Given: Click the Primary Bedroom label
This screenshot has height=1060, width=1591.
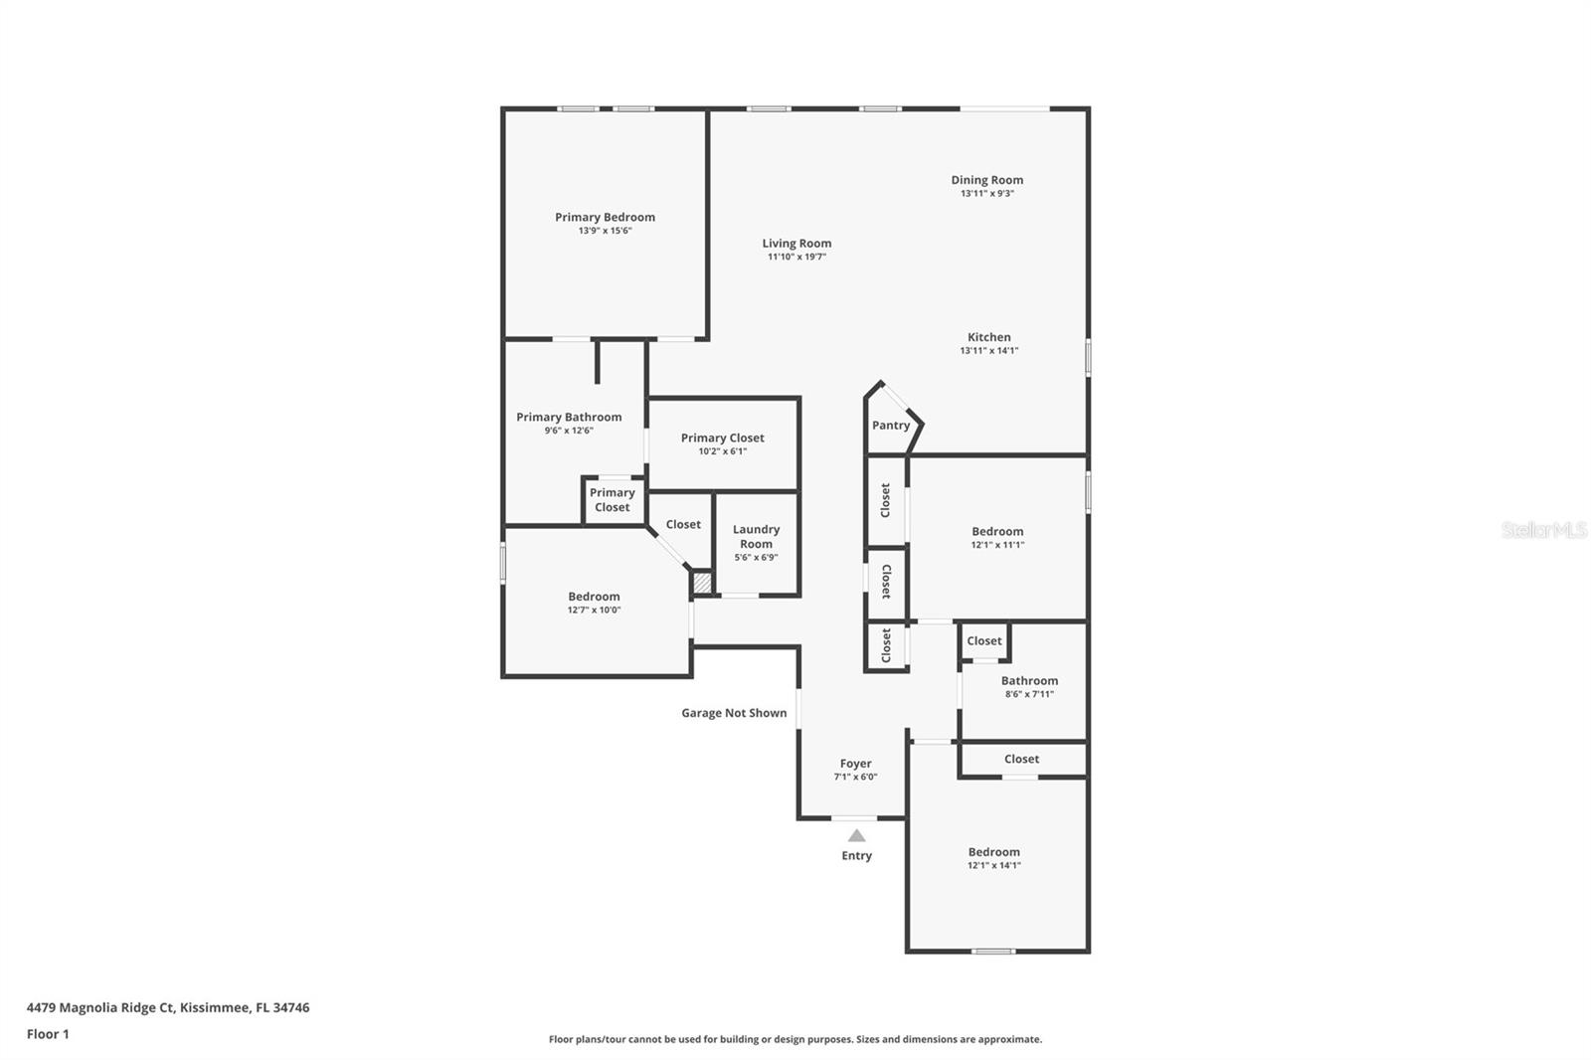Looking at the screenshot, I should [605, 217].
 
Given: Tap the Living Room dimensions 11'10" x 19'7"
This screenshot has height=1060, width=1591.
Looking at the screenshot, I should [796, 257].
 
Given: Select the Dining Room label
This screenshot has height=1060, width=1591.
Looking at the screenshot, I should [986, 180].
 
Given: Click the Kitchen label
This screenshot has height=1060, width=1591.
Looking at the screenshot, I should [988, 337].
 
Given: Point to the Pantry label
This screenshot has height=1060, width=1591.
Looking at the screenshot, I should [891, 425].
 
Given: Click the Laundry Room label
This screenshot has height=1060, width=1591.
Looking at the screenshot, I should [756, 537].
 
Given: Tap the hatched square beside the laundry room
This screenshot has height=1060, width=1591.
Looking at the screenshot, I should [703, 583].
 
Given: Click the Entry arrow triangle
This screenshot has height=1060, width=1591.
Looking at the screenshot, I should [856, 835].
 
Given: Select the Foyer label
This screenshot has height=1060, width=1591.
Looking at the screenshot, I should [855, 764].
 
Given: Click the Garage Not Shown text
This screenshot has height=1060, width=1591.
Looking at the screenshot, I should [734, 713].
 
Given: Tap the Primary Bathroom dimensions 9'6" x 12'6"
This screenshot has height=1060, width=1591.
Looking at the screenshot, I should [569, 431].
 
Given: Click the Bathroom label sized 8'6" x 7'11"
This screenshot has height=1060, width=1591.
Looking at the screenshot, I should [1029, 681].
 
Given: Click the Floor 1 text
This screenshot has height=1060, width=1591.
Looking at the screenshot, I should [48, 1034].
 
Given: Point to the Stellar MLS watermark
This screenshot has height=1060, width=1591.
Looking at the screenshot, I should [1543, 530].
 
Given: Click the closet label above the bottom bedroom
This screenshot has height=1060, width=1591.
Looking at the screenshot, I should [1021, 759].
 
